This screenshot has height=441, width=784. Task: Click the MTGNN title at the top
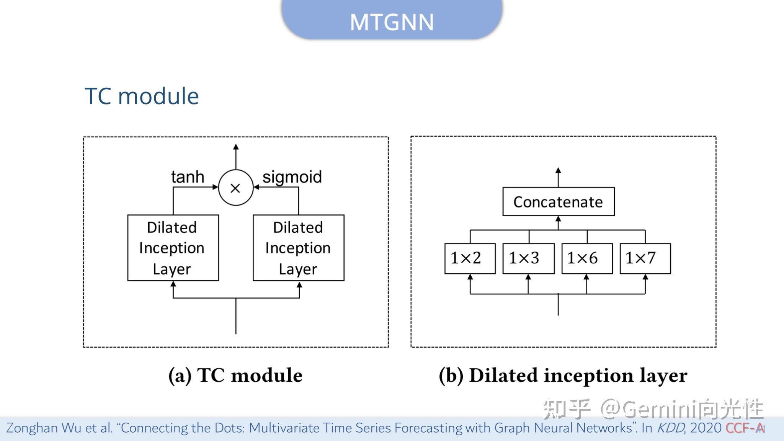tap(392, 22)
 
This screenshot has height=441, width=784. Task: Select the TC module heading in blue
tap(142, 96)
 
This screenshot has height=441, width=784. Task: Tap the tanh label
tap(188, 177)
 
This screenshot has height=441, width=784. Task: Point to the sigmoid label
tap(292, 177)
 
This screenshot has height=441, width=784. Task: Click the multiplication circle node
tap(236, 188)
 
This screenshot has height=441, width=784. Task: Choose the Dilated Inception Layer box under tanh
tap(173, 248)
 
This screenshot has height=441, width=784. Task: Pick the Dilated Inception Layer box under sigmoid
tap(299, 248)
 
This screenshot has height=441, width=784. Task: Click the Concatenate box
tap(558, 202)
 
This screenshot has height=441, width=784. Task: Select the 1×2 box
tap(470, 258)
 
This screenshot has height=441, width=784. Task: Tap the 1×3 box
tap(528, 258)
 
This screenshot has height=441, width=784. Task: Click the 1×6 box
tap(587, 258)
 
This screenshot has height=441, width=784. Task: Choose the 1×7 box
tap(645, 258)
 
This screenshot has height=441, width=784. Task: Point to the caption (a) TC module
tap(235, 375)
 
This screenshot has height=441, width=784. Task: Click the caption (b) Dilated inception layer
tap(563, 375)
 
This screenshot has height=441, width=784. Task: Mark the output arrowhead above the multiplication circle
tap(236, 147)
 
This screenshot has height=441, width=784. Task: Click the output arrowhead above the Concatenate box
tap(558, 171)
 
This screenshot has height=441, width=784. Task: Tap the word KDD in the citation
tap(670, 428)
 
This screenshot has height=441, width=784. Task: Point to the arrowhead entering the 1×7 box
tap(645, 277)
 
